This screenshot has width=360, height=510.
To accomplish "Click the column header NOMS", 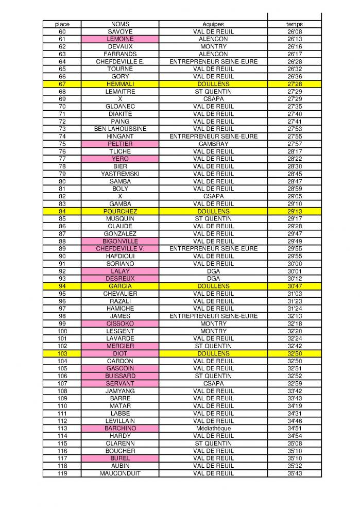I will (120, 24).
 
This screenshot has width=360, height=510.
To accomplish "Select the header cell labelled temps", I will (294, 24).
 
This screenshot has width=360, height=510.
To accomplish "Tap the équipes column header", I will (213, 24).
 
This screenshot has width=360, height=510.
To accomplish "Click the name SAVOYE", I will (120, 31).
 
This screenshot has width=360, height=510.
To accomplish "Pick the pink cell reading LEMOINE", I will (120, 39).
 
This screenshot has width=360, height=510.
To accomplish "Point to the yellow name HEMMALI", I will (120, 84).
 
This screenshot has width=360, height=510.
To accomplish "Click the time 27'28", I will (294, 84).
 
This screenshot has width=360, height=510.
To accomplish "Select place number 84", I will (62, 211).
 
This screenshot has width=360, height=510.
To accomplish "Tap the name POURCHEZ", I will (120, 211).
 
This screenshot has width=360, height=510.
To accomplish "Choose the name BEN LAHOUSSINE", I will (120, 129).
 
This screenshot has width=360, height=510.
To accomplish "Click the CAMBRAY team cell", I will (213, 144).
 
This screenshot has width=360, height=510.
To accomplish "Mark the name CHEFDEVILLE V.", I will (120, 248).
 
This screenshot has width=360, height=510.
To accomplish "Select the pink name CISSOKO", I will (120, 324).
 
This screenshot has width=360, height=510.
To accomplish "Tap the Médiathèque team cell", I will (213, 428).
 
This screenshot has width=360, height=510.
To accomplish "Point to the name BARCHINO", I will (120, 428).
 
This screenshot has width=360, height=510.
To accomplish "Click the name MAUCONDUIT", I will (120, 473).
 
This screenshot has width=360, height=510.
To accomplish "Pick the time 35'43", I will (294, 473).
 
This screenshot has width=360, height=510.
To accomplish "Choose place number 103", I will (62, 353).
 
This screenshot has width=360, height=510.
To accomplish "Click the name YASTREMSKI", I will (120, 174).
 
